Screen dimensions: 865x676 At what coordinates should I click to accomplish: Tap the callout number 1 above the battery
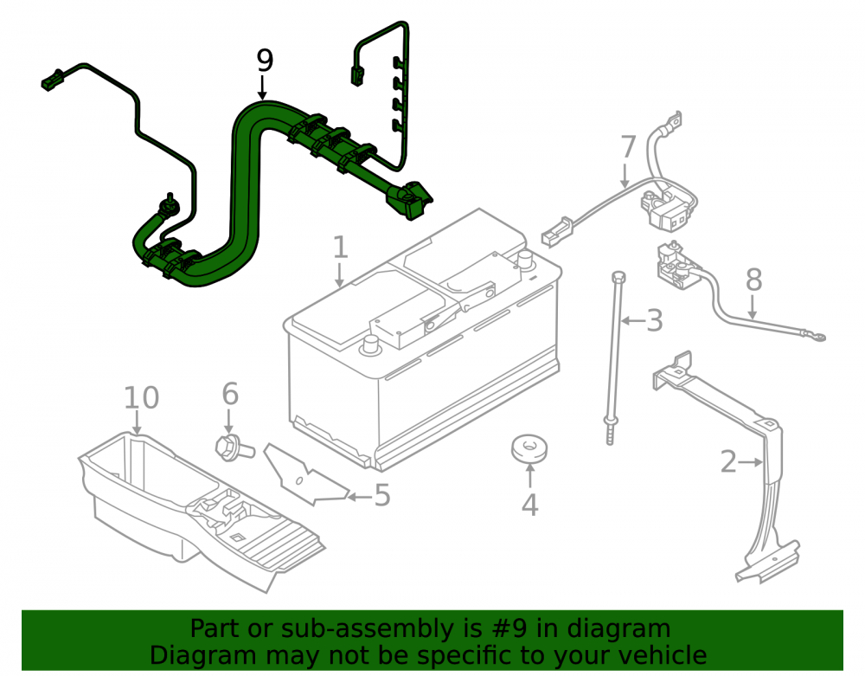340,247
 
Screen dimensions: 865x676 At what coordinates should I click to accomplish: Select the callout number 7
628,147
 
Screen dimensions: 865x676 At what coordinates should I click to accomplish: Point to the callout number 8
753,280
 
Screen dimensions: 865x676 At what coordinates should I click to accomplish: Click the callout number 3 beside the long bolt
654,320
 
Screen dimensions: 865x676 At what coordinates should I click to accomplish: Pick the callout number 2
728,462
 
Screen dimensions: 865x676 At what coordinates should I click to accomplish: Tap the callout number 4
529,505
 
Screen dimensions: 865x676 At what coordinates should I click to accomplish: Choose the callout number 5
382,495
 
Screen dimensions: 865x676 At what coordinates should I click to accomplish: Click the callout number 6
230,394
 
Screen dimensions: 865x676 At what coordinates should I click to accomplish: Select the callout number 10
141,397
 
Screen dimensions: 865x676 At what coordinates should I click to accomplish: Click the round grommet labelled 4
529,448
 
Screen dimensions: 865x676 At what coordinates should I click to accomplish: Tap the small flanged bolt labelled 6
234,447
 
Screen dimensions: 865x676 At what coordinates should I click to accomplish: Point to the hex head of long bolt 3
618,276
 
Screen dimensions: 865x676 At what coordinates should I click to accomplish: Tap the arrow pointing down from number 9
263,88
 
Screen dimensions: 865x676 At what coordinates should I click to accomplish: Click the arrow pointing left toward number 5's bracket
360,497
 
